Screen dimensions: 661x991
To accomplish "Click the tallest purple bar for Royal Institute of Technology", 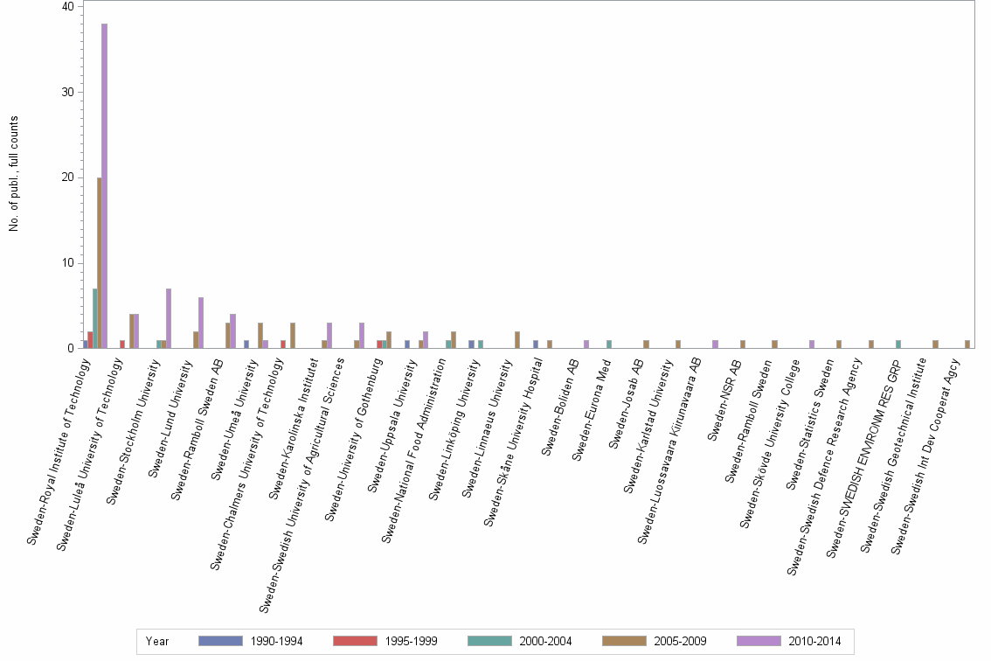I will coord(104,185).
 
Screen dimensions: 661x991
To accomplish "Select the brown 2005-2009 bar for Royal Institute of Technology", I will coord(100,262).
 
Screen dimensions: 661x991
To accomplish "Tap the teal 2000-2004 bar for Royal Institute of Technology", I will coord(94,318).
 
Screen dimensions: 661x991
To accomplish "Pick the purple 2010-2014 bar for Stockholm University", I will coord(169,318).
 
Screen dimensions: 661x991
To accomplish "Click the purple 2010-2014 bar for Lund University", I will coord(201,323).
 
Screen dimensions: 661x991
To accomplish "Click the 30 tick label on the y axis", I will coord(68,93).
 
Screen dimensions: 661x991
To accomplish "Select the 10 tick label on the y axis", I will coord(68,263).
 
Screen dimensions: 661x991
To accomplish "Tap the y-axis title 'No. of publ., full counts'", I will coord(14,174).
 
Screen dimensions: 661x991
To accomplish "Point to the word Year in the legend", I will coord(158,641).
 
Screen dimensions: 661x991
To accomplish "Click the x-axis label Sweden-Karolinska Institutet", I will coord(294,429).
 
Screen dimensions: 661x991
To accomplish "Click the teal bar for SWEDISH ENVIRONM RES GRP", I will coord(898,344).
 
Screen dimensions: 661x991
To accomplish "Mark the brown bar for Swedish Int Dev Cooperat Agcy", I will coord(967,344).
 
